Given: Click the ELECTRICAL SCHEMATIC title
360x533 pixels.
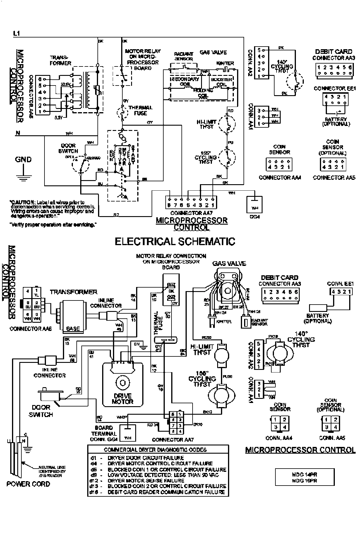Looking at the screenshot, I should point(175,241).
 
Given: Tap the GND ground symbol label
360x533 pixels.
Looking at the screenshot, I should point(23,160).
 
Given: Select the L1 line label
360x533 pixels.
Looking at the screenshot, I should point(16,34).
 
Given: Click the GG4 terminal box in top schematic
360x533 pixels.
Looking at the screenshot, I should point(254,208).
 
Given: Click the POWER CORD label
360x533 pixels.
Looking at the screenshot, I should point(28,484).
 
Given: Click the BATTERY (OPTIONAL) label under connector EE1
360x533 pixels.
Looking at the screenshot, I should point(336,122).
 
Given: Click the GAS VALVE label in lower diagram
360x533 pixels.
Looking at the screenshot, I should point(229,263).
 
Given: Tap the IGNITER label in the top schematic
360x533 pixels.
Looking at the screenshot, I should point(225,63).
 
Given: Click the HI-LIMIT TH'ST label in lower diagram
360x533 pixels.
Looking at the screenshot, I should point(202,349).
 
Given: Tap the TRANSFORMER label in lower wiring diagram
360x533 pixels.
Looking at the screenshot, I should point(73,292).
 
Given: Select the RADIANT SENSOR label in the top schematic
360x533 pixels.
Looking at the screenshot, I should point(184,56).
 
